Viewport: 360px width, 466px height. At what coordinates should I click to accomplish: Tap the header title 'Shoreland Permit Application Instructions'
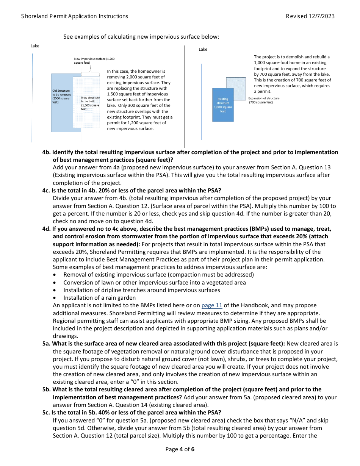[75, 16]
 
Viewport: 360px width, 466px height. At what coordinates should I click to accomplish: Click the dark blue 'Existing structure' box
[223, 105]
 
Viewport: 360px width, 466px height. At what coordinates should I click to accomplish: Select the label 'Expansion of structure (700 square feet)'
[264, 100]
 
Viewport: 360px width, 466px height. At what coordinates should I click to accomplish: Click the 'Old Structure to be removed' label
[61, 97]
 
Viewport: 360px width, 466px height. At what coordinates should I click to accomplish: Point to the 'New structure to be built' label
[90, 103]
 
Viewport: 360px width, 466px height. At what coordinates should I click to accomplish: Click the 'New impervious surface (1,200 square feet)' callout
[94, 61]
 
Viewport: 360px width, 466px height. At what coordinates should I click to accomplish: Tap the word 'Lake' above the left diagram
[35, 46]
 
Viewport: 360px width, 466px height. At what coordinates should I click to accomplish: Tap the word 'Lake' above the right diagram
[203, 50]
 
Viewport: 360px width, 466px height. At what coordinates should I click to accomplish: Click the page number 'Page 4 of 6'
[180, 449]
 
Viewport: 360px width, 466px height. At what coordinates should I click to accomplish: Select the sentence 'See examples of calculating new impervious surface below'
[141, 37]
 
